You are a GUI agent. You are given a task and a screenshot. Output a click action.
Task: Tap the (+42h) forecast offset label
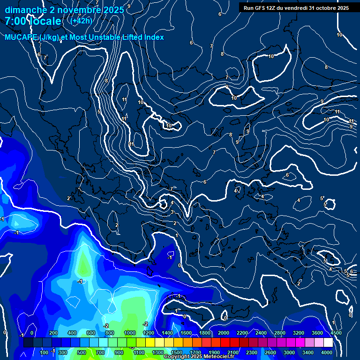81,21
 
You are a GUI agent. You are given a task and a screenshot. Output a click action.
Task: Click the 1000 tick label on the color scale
130,333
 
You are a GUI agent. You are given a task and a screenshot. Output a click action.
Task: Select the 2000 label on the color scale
224,333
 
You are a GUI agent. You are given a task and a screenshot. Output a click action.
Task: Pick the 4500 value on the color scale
336,333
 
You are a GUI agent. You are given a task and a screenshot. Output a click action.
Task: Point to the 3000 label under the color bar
289,352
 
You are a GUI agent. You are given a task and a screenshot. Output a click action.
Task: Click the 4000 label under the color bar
327,352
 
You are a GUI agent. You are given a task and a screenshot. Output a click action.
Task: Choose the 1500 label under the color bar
177,352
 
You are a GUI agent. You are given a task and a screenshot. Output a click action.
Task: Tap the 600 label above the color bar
90,333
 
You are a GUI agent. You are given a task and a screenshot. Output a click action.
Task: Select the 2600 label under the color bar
270,352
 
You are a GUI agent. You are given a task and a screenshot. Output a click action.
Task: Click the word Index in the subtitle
154,37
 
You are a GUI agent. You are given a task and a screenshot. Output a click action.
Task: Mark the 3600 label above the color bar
317,333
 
